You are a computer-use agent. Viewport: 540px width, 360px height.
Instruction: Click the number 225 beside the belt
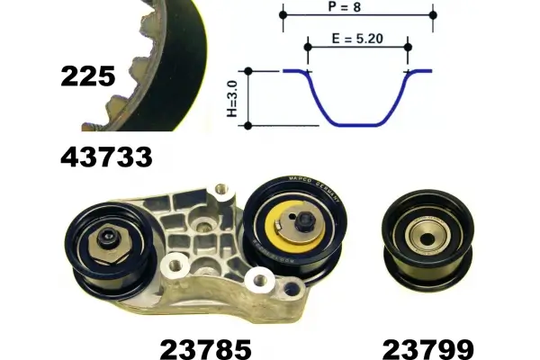tap(88, 76)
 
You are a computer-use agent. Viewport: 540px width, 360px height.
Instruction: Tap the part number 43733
tap(106, 157)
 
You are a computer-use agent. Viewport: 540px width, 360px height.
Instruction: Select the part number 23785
tap(206, 349)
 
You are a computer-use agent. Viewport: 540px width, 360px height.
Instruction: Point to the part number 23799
tap(428, 349)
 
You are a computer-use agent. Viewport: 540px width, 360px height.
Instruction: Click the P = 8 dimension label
tap(345, 6)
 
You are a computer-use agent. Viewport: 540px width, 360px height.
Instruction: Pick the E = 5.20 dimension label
tap(357, 38)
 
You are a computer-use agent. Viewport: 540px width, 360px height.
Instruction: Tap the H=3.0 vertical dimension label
tap(233, 98)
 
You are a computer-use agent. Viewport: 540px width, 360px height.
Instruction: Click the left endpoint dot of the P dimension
tap(283, 15)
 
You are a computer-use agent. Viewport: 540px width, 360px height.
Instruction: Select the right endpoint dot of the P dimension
tap(433, 15)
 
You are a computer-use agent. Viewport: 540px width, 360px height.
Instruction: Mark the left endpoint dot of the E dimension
tap(308, 47)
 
